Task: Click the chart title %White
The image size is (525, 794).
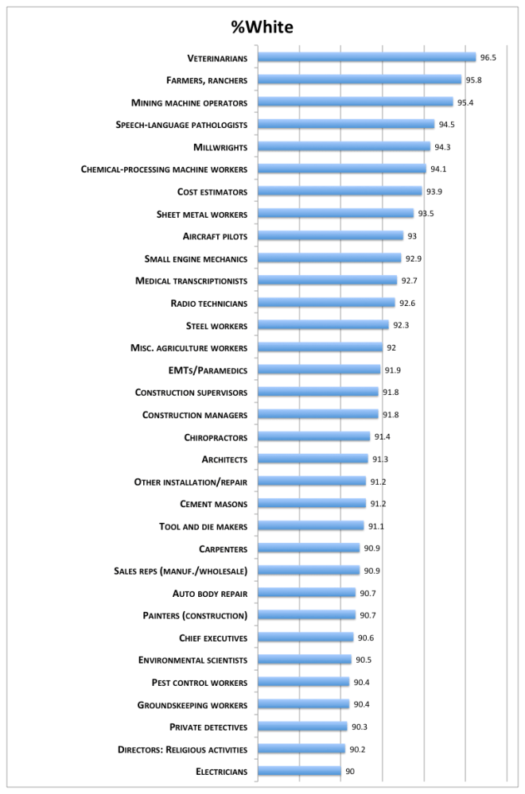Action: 262,28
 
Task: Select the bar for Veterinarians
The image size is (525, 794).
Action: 367,57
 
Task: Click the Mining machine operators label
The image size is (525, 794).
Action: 189,103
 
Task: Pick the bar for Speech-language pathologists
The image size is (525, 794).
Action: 346,125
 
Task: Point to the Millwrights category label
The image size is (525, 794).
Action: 220,147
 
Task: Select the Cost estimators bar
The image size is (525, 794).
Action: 340,192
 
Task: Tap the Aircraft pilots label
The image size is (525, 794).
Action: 215,236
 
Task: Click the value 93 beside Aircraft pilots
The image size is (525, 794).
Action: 412,236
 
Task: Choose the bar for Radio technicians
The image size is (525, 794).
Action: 326,303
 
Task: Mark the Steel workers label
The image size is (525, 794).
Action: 216,326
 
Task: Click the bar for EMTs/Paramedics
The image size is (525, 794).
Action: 319,370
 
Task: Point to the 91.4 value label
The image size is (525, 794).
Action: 383,437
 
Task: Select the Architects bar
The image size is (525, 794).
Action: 313,459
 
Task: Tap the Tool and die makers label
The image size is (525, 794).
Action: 203,526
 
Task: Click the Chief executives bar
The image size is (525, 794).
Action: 305,637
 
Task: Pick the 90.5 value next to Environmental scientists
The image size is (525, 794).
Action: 364,660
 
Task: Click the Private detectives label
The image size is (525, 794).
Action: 208,726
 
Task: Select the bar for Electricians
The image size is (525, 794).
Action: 300,771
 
